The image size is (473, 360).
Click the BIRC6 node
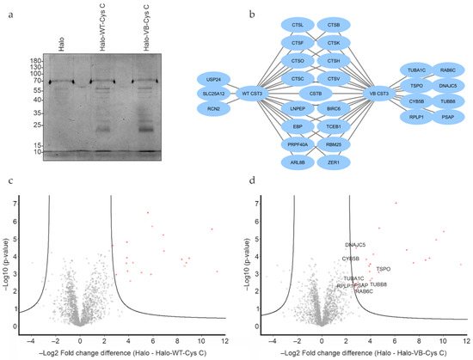coord(337,110)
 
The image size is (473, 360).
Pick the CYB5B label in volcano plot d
coord(351,259)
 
